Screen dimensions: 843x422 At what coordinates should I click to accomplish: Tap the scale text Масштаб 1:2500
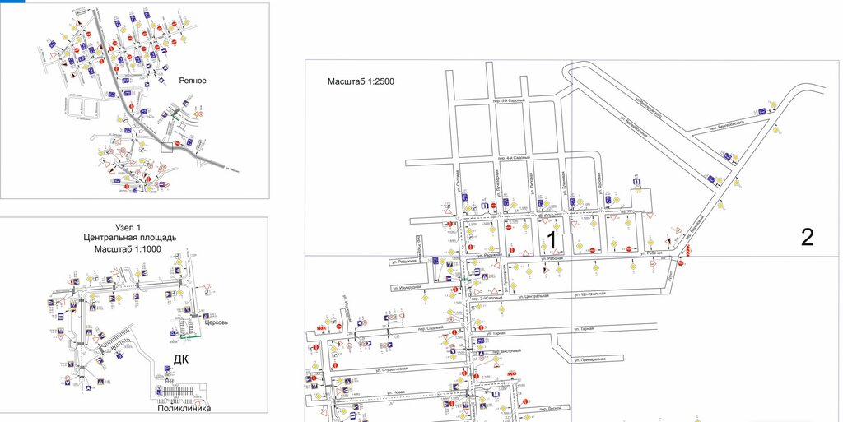click(359, 81)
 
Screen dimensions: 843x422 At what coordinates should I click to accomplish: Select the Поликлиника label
click(184, 408)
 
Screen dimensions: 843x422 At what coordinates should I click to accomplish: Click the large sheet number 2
click(807, 237)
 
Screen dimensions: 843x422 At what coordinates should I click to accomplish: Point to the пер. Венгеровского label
click(725, 123)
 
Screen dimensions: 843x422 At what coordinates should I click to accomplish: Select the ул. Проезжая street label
click(589, 359)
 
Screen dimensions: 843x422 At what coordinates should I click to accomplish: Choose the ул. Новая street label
click(397, 392)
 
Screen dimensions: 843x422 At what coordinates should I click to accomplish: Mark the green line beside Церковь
click(190, 336)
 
